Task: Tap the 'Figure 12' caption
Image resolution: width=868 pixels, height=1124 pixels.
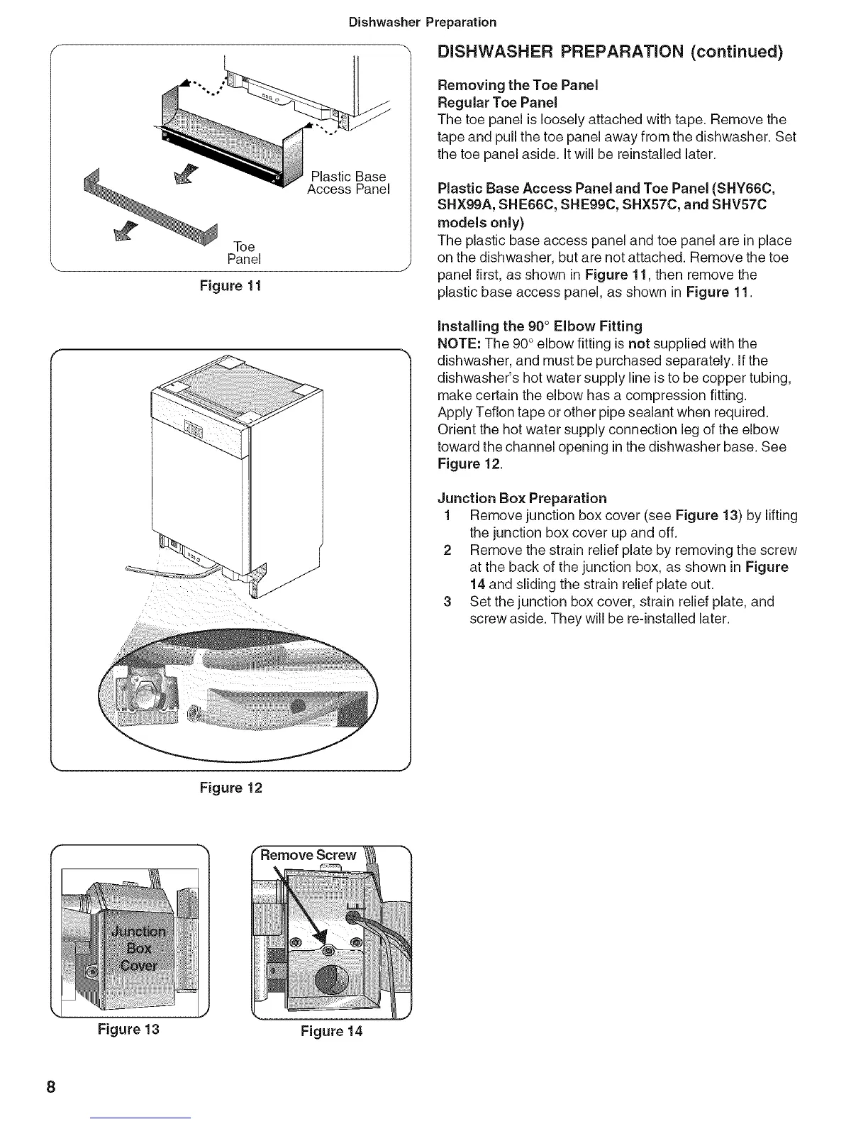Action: click(230, 788)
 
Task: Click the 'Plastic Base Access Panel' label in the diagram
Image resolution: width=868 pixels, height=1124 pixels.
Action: click(348, 183)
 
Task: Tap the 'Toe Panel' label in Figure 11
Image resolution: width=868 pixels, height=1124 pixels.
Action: click(244, 253)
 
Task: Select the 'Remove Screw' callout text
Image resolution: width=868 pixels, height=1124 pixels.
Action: click(308, 855)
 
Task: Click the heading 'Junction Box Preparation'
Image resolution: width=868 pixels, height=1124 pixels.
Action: click(523, 498)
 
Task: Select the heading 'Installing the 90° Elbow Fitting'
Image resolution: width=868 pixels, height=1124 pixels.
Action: click(540, 326)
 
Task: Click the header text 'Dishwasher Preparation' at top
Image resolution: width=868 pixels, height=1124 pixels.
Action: click(423, 22)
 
